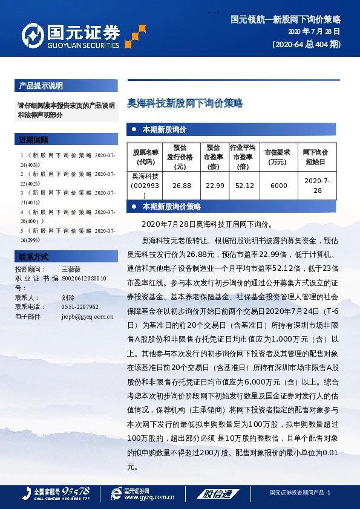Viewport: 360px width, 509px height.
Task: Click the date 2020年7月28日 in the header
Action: point(313,31)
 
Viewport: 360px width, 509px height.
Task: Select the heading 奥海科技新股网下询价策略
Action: point(185,103)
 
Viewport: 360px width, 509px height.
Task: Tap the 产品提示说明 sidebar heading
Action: point(41,85)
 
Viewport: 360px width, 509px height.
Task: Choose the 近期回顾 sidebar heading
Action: point(33,140)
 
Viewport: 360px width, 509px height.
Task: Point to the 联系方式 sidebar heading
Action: point(33,256)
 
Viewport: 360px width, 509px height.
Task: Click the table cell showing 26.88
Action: point(182,186)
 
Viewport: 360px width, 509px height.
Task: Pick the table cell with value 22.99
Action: point(215,186)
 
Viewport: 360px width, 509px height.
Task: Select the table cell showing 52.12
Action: point(244,186)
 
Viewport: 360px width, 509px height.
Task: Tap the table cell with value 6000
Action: point(279,186)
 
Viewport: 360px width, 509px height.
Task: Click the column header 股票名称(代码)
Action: point(145,157)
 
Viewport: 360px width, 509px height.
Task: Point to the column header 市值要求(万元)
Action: point(279,157)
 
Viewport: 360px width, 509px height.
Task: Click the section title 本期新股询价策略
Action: point(171,207)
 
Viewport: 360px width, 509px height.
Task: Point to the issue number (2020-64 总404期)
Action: point(306,44)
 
